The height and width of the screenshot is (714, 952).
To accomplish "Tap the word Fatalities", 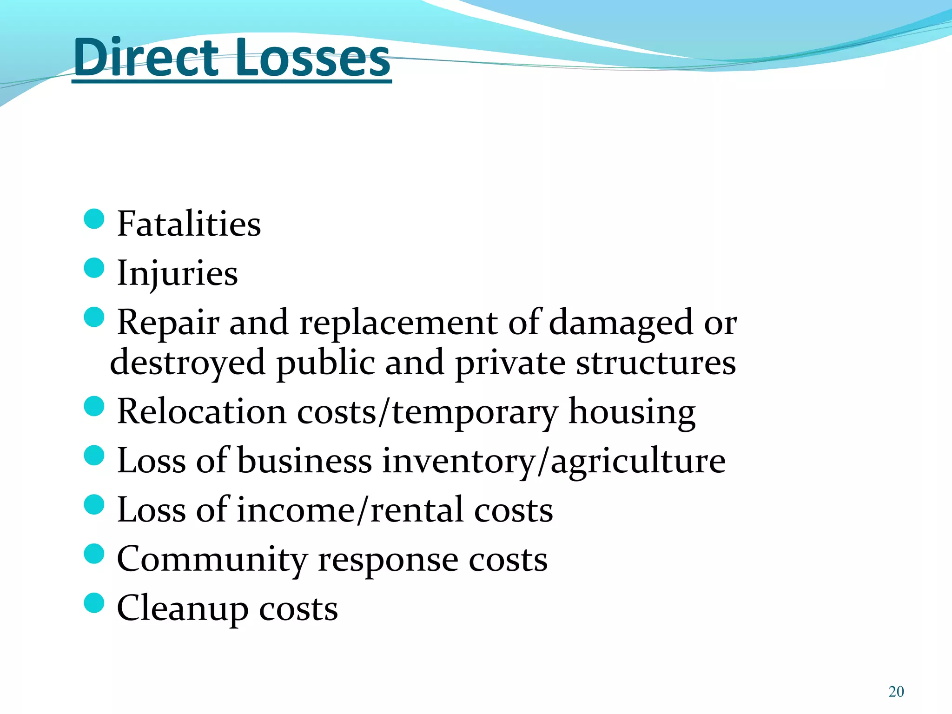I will (x=189, y=224).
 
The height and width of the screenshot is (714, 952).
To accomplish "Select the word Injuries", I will (x=177, y=273).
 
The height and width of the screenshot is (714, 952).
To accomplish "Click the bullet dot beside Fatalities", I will (x=94, y=218).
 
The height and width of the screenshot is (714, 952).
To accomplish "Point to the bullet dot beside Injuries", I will (x=94, y=268).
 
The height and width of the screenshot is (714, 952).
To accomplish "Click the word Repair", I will (x=168, y=323).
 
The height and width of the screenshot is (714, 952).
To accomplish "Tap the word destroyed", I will (x=187, y=363).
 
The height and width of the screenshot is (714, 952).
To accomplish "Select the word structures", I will (x=656, y=363).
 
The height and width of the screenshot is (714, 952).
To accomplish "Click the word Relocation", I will (x=201, y=411).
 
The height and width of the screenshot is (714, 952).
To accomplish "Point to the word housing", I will (x=632, y=412).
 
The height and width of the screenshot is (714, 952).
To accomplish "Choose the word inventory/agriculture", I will (x=553, y=461).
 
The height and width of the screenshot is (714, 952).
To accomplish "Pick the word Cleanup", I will (x=182, y=608).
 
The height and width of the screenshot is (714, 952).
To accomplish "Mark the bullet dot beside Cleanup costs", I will (x=94, y=603).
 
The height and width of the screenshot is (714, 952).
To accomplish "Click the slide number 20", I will (x=896, y=692).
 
